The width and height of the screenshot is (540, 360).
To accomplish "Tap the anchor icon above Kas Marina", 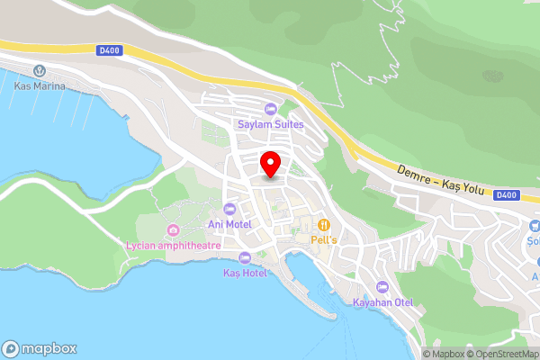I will pyautogui.click(x=39, y=71).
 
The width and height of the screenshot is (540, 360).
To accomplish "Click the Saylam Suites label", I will pyautogui.click(x=271, y=123).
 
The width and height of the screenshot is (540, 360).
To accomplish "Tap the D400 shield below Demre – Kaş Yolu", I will pyautogui.click(x=507, y=194).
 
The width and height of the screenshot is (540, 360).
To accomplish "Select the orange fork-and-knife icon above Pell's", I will pyautogui.click(x=322, y=225).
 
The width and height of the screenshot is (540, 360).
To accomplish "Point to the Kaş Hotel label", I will pyautogui.click(x=246, y=272).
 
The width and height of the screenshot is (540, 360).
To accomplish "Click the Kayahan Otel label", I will pyautogui.click(x=382, y=301).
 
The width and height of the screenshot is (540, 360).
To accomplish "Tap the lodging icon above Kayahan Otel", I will pyautogui.click(x=382, y=286).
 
